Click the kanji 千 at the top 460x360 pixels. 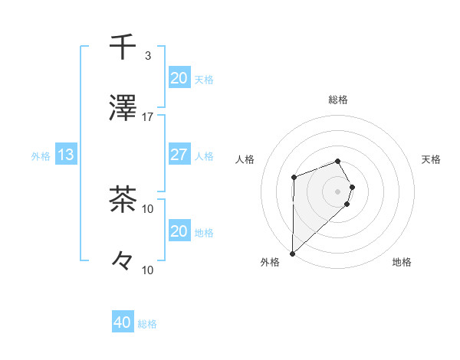(x=123, y=47)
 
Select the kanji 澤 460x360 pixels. (x=123, y=110)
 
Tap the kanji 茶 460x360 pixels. (x=123, y=201)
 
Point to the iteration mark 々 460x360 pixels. (x=123, y=262)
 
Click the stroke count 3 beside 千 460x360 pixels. (x=148, y=56)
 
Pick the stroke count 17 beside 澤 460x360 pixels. (x=148, y=117)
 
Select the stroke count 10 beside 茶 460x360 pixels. (x=148, y=208)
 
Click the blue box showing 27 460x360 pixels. (x=179, y=155)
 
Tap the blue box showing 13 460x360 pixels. (x=66, y=155)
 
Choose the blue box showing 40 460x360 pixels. (x=123, y=322)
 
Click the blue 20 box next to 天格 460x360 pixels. (x=179, y=78)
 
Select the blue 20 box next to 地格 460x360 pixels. (x=179, y=231)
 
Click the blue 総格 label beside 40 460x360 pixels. (x=147, y=324)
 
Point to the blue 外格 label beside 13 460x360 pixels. (x=41, y=155)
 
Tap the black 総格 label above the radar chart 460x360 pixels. (x=337, y=100)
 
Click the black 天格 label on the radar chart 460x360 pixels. (x=432, y=159)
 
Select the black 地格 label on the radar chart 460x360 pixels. (x=402, y=263)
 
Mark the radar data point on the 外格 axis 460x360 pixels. (x=292, y=253)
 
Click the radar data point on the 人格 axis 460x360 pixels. (x=294, y=178)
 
